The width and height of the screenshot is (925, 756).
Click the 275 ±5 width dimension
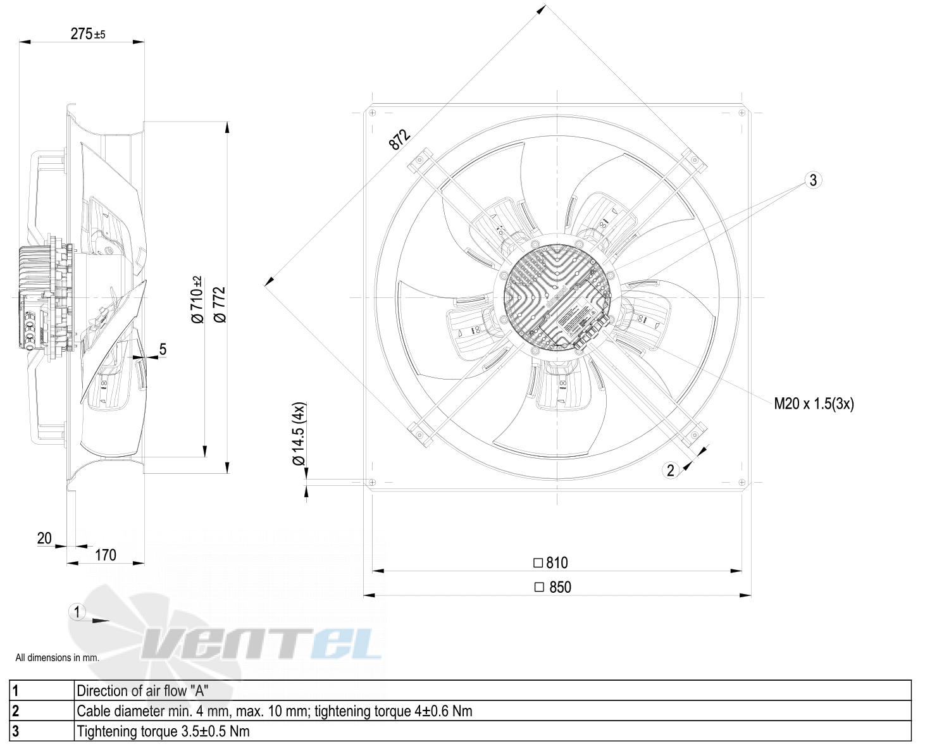[x=88, y=34]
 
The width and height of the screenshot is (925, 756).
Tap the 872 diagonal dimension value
[x=400, y=139]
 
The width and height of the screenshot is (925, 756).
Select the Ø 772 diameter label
[x=220, y=305]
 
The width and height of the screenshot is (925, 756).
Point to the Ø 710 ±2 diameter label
[x=197, y=299]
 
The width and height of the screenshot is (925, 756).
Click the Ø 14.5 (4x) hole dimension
[x=298, y=433]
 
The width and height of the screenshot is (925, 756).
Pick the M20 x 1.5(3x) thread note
[x=814, y=404]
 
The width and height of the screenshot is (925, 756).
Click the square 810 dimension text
[x=550, y=562]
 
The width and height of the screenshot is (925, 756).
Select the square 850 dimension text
[x=552, y=586]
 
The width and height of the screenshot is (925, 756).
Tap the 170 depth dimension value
[x=105, y=555]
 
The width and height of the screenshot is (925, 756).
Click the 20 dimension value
[x=44, y=538]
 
